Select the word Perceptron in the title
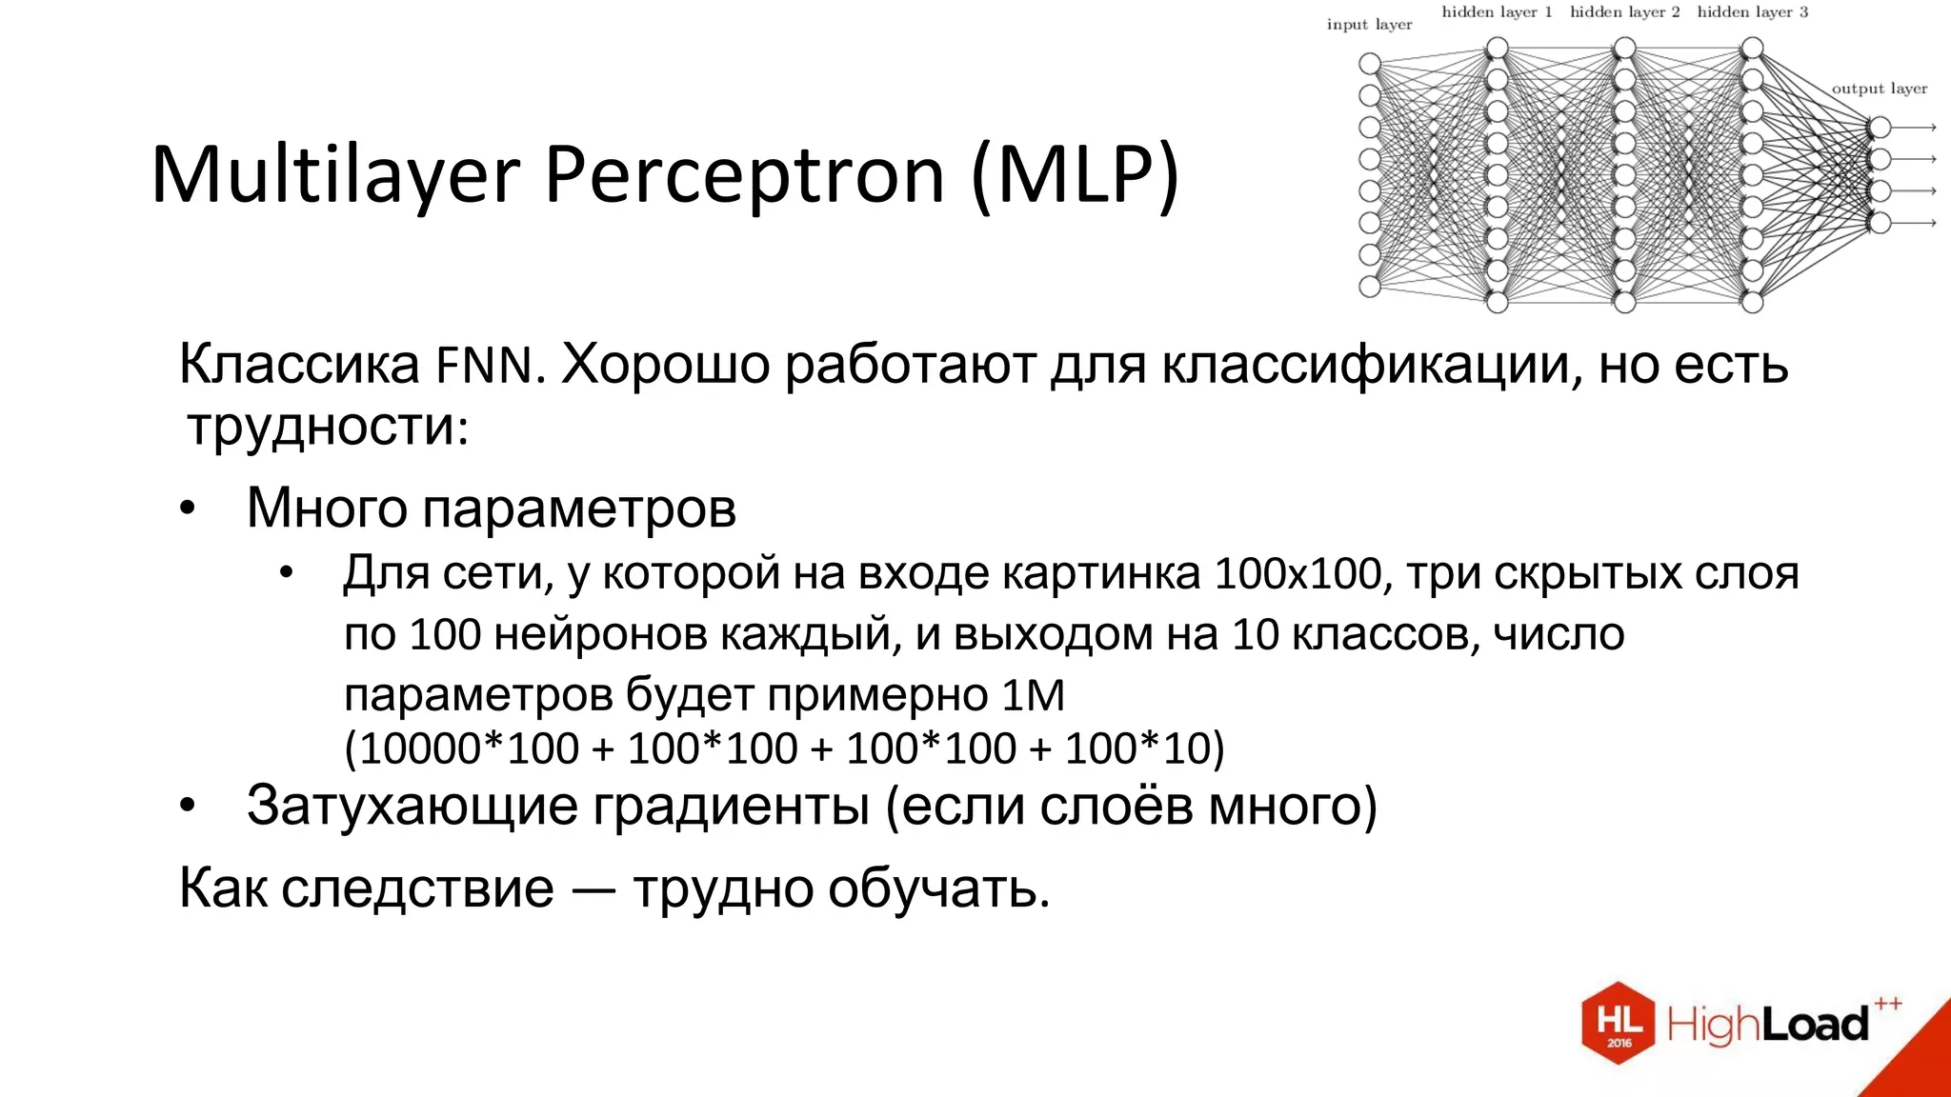744,176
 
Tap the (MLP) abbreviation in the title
1076,176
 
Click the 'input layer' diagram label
1369,25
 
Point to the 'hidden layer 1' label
1497,12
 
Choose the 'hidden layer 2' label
1624,12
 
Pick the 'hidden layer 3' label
1752,12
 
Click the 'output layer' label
1879,89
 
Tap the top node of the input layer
1370,64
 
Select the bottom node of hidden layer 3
1752,303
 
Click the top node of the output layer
1880,128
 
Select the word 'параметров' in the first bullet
579,509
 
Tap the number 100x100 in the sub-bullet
1298,573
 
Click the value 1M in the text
1033,694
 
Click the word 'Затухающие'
412,806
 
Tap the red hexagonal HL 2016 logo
1618,1023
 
